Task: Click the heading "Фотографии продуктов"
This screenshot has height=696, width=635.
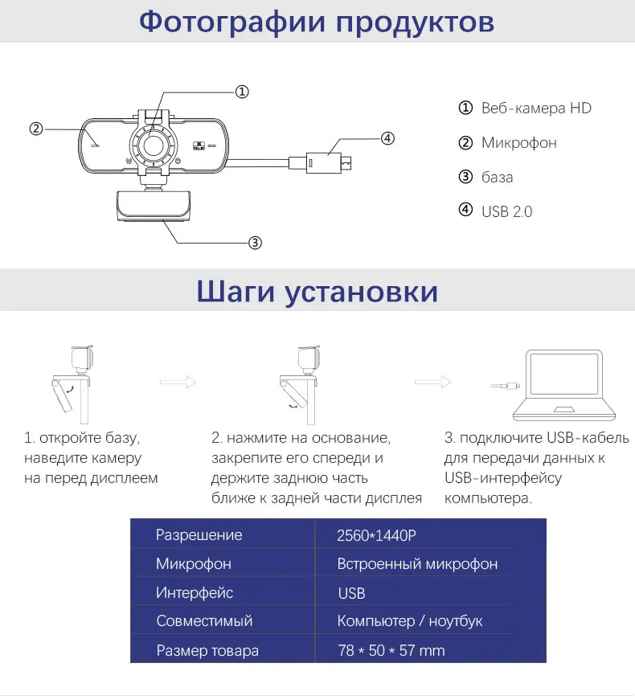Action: (317, 21)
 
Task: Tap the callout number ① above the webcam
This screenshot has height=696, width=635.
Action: (242, 92)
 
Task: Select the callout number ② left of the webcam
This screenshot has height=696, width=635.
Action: (35, 129)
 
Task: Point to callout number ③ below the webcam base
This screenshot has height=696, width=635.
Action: (254, 242)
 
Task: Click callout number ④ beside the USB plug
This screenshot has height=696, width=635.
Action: (387, 138)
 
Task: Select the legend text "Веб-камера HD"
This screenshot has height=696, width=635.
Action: (536, 108)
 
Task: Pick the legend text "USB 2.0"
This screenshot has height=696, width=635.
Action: (506, 211)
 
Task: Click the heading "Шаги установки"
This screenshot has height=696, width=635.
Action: (317, 290)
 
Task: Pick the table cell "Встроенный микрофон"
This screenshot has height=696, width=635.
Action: (417, 564)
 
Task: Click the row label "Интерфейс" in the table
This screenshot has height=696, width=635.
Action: (195, 593)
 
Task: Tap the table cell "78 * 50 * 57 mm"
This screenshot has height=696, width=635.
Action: (391, 650)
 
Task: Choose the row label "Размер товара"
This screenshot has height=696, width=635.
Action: (207, 650)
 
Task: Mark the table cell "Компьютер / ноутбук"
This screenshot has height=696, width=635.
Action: (410, 621)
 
